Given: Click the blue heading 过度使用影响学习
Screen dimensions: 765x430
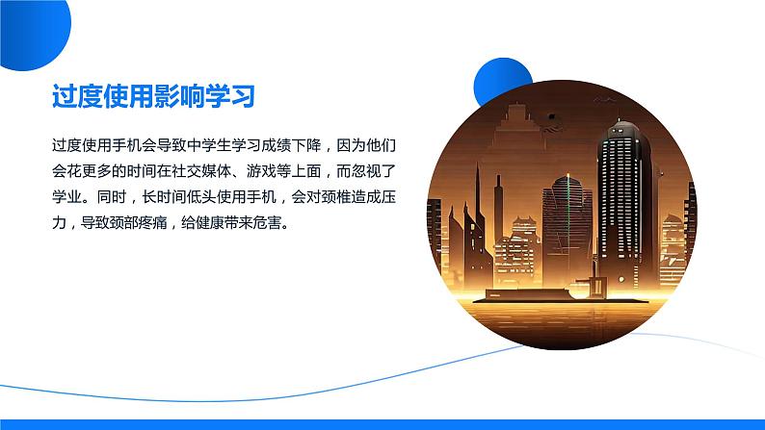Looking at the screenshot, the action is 154,96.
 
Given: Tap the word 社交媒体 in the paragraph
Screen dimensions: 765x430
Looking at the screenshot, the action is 201,171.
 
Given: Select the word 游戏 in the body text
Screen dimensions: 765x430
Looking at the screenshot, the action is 261,171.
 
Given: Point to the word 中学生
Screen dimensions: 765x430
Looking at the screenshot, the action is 209,145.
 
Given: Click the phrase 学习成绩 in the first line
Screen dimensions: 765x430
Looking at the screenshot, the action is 261,145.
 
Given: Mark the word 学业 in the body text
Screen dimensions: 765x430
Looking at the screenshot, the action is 66,197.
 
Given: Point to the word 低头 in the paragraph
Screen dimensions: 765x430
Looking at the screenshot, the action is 201,197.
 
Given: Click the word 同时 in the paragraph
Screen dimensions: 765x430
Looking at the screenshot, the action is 112,197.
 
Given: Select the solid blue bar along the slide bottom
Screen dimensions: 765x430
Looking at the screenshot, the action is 382,424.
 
